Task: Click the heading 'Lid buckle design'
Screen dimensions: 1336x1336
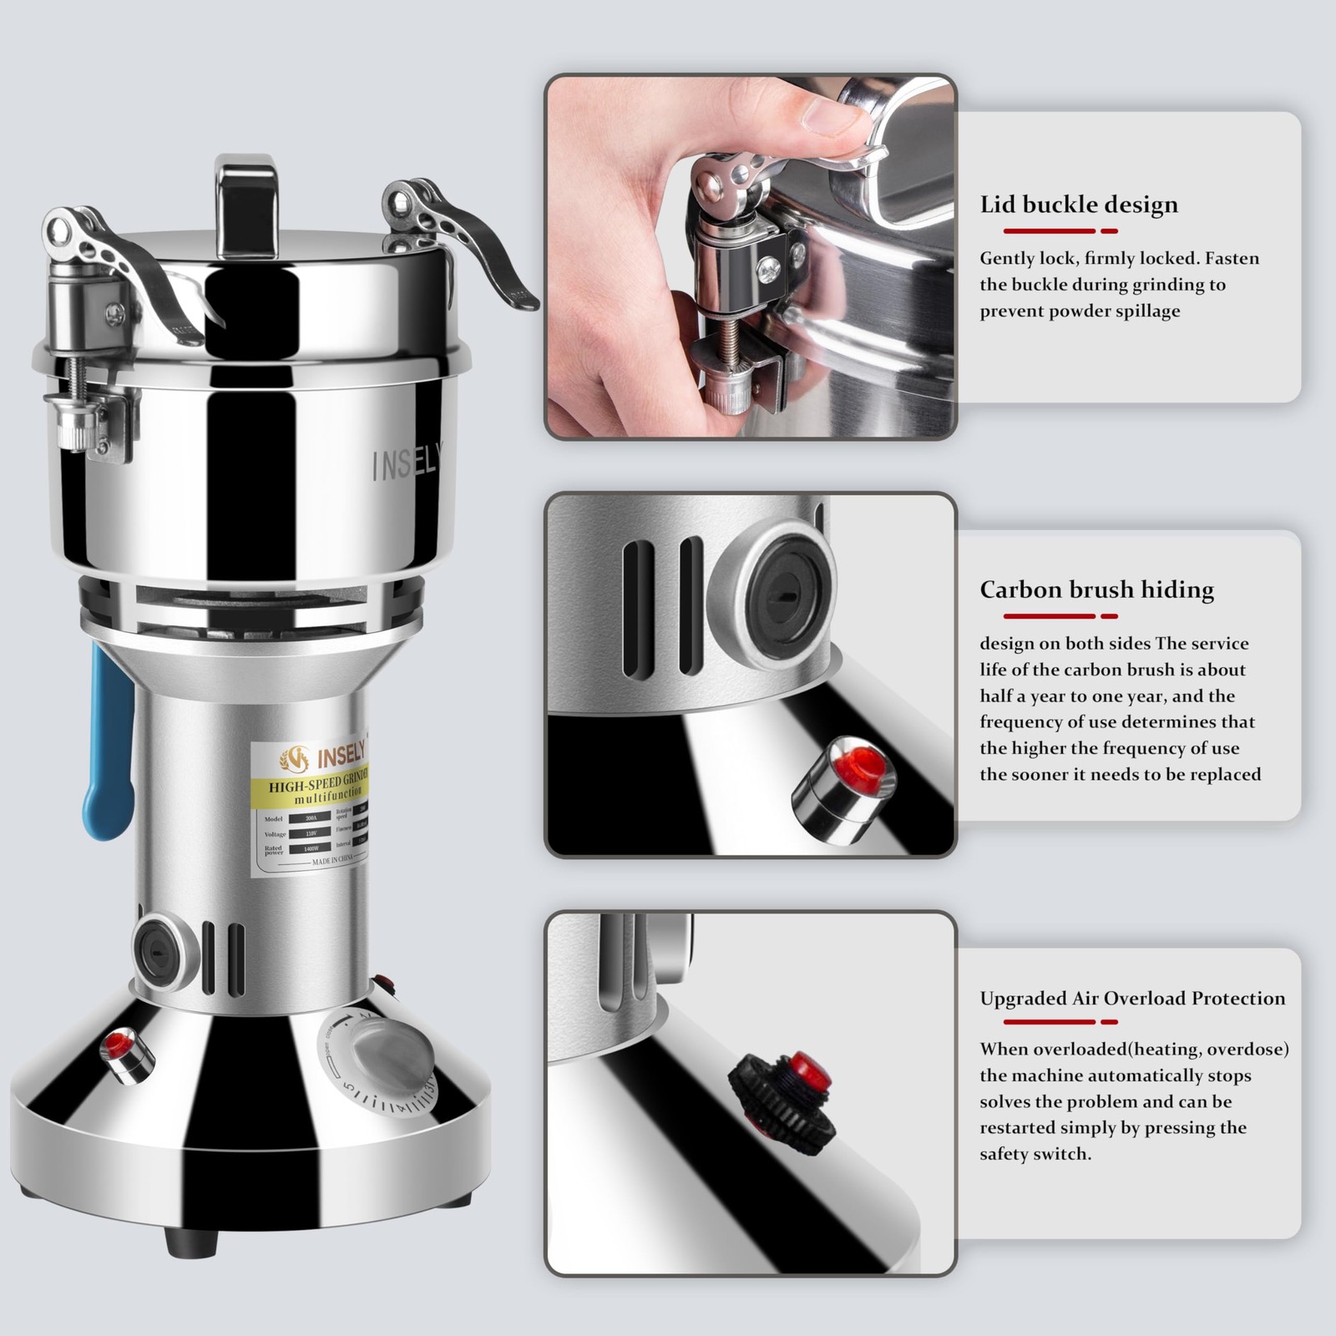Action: (1078, 205)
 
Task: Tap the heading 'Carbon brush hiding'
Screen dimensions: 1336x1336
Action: (1096, 590)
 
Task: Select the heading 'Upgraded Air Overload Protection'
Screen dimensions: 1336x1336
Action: (1132, 999)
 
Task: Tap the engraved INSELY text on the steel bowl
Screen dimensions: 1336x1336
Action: (407, 462)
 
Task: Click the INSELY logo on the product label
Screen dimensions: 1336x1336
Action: (323, 758)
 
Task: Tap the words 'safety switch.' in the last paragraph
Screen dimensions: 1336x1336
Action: (1035, 1154)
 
